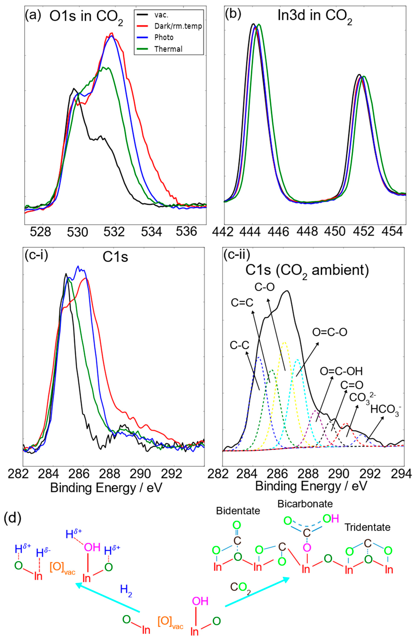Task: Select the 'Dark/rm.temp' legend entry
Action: coord(178,26)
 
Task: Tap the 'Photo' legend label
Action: coord(163,37)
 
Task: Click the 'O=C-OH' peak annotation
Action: coord(341,371)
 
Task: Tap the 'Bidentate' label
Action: coord(238,511)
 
